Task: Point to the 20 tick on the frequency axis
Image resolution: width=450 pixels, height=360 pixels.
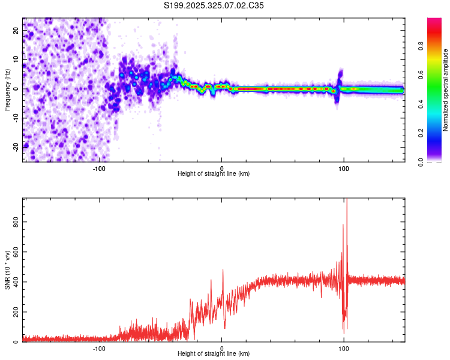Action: coord(16,29)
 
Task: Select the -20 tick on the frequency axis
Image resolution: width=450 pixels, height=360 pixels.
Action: coord(16,146)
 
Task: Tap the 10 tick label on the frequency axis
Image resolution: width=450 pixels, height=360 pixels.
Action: coord(16,59)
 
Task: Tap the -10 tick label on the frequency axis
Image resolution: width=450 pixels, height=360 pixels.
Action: coord(16,117)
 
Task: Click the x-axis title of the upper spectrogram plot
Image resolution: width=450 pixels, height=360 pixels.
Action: coord(214,174)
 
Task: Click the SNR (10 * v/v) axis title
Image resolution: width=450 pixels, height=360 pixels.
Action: coord(7,270)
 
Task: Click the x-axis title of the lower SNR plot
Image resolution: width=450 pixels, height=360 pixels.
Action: coord(214,354)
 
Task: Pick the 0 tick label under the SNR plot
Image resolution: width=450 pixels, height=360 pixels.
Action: coord(221,347)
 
